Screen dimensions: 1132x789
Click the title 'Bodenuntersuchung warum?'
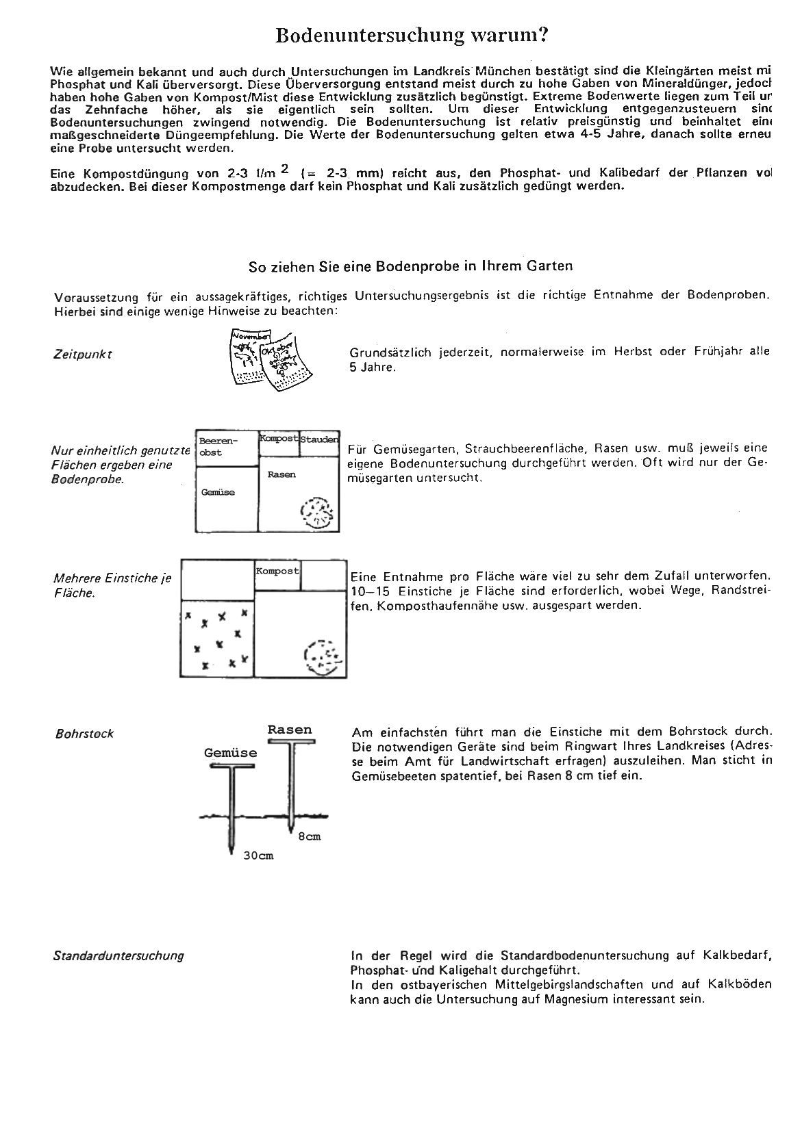[x=411, y=36]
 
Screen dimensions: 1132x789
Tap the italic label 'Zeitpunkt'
[x=82, y=355]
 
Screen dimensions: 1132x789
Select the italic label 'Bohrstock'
[x=84, y=734]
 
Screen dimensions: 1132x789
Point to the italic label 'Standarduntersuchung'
[x=118, y=955]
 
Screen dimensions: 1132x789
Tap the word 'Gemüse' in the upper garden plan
[x=218, y=492]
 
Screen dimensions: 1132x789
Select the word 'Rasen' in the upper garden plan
[x=281, y=474]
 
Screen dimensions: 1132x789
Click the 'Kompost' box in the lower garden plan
[x=277, y=571]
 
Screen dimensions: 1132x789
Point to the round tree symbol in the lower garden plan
[x=321, y=658]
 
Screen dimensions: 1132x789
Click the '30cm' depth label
[x=258, y=856]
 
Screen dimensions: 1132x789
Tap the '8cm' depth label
[x=309, y=836]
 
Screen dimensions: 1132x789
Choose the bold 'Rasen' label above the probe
[x=290, y=730]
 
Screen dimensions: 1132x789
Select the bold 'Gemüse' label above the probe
[x=231, y=753]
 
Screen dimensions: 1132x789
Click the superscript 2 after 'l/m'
[x=286, y=168]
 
